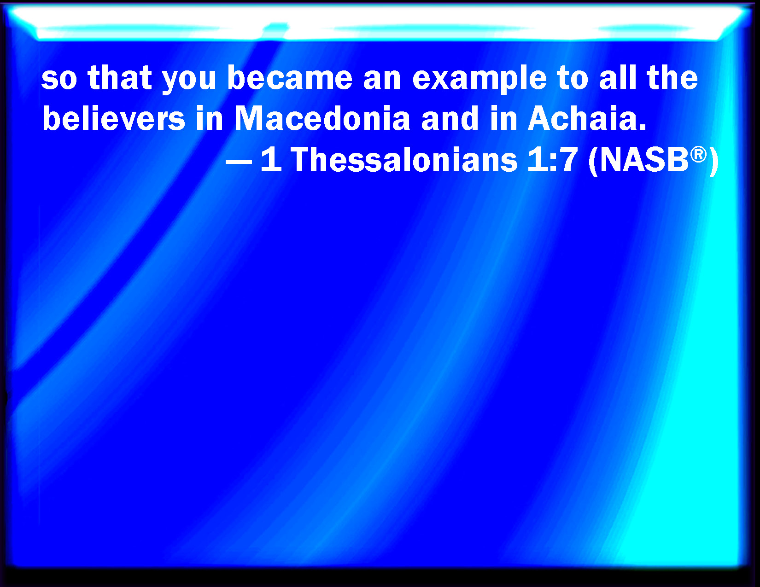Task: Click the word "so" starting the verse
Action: (59, 79)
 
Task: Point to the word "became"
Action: (290, 76)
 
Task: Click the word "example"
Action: (479, 79)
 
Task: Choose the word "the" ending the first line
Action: (672, 76)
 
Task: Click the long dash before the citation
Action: (239, 162)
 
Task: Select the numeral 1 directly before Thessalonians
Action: (271, 159)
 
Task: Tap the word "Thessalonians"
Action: (404, 159)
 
